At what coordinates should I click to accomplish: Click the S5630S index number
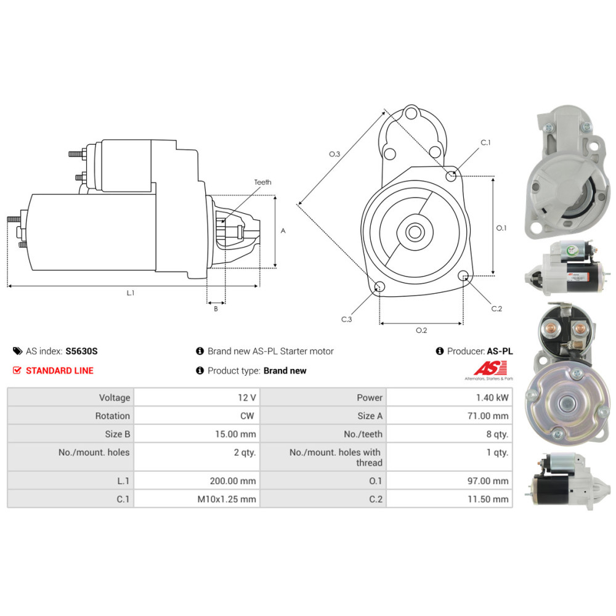tap(81, 351)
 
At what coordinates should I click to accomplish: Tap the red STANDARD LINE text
tap(60, 371)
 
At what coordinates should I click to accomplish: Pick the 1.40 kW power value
tap(492, 397)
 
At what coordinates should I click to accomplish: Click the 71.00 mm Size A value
tap(488, 416)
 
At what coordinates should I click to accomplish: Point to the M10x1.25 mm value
tap(227, 500)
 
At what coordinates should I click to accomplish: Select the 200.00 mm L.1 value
tap(233, 481)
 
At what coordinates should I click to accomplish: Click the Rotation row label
tap(112, 416)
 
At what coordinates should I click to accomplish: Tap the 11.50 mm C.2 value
tap(488, 500)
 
